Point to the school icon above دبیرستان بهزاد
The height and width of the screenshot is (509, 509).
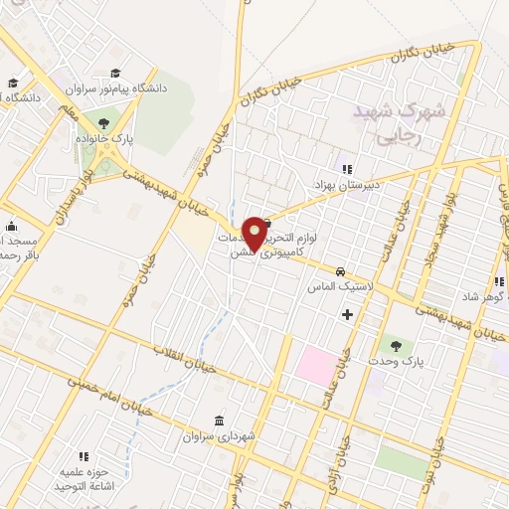(347, 166)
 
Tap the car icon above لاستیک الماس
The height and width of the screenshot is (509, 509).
(341, 270)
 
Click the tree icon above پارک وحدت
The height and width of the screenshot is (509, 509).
(396, 345)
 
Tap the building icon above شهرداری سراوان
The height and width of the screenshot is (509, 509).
(219, 420)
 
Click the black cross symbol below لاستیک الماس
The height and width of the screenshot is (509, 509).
(346, 314)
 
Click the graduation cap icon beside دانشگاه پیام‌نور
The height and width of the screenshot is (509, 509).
(116, 73)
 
